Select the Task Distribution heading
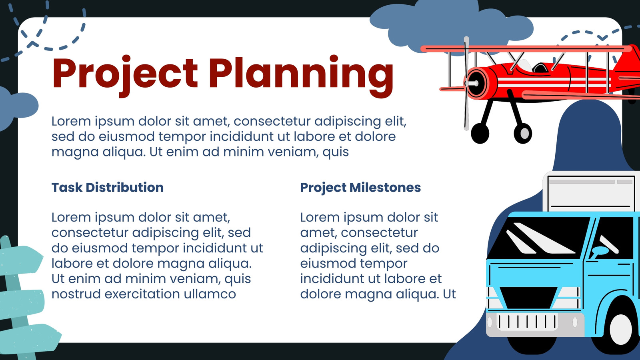tap(108, 188)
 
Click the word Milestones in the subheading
tap(385, 188)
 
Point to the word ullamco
tap(210, 294)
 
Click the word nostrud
tap(76, 294)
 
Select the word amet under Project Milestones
tap(318, 233)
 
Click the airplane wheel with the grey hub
tap(523, 133)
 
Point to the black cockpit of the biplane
tap(540, 68)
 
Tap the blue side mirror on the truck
tap(600, 251)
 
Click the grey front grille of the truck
tap(527, 322)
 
